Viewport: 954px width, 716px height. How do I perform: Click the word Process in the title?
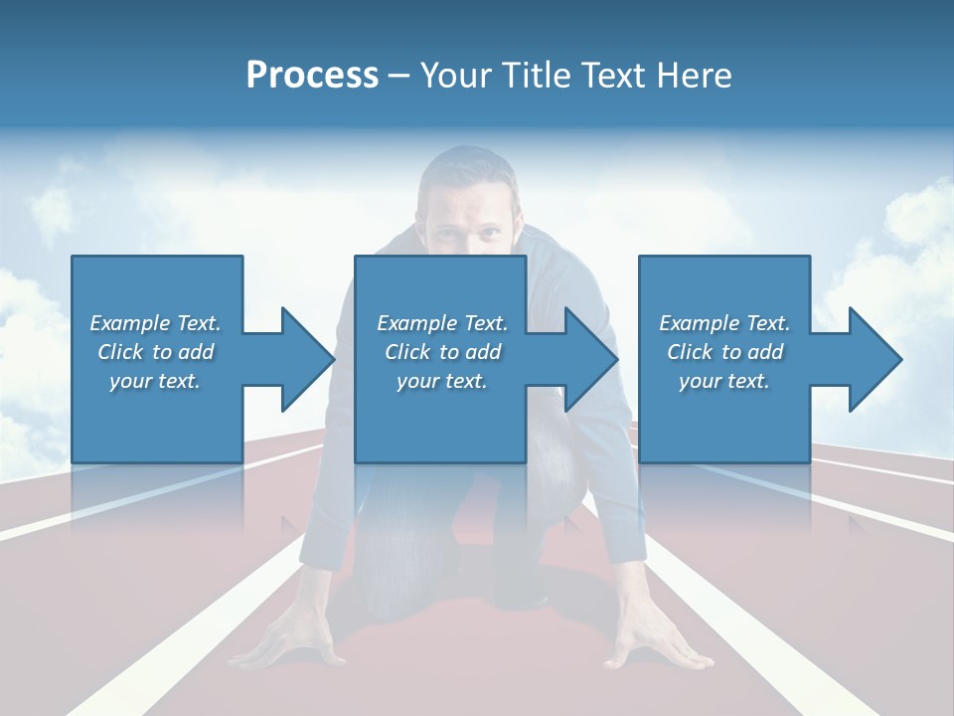point(312,76)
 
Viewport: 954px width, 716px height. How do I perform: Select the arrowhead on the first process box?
point(304,359)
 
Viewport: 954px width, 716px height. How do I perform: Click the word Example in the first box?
point(129,323)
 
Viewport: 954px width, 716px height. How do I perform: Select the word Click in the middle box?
point(407,352)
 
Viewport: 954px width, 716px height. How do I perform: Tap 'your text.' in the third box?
point(723,381)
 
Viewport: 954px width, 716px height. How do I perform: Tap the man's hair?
point(467,164)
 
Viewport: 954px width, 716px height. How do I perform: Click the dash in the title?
point(398,76)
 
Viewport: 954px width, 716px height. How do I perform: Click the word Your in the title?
point(456,76)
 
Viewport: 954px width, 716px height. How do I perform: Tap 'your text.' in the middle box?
point(441,381)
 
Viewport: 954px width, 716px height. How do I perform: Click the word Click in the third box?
point(690,352)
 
